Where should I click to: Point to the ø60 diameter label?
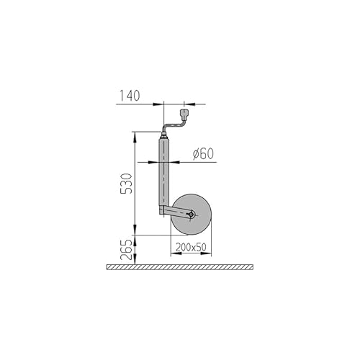(204, 153)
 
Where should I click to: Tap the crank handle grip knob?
(184, 114)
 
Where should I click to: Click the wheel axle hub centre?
(192, 214)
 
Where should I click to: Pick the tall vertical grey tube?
(164, 173)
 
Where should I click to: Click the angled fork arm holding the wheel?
(176, 212)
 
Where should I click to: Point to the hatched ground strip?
(180, 267)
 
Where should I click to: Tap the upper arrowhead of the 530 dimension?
(135, 135)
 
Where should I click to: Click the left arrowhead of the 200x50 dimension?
(174, 254)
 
